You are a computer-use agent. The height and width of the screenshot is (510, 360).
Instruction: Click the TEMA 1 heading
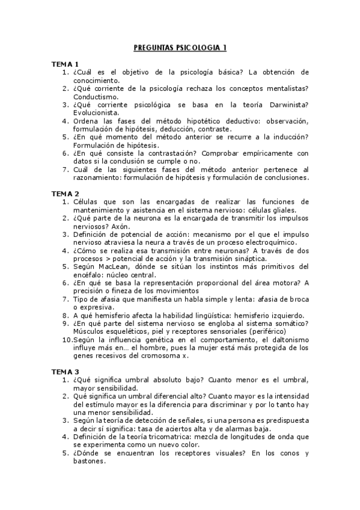point(64,64)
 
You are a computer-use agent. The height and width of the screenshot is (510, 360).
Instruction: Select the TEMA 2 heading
point(64,193)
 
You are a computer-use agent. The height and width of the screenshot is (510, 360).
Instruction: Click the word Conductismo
point(96,96)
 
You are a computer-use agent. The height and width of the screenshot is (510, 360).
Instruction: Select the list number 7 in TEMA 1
point(67,169)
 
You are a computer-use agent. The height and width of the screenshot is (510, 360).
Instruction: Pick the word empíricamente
point(267,153)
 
